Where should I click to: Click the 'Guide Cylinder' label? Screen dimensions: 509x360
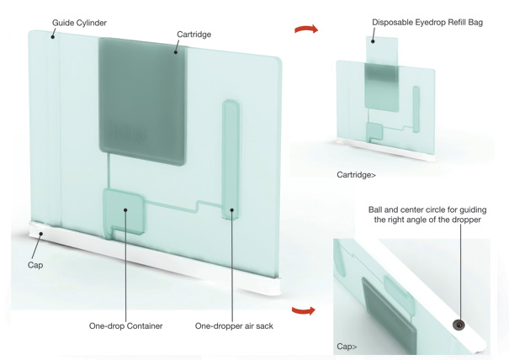[80, 23]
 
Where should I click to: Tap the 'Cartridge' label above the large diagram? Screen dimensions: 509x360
[194, 34]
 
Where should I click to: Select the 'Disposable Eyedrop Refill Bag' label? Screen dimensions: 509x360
[427, 23]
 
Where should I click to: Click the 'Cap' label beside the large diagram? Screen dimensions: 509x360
[35, 265]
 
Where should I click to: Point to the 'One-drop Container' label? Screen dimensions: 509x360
[125, 326]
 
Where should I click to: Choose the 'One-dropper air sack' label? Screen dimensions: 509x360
[234, 326]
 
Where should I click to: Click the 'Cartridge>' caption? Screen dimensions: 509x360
[356, 175]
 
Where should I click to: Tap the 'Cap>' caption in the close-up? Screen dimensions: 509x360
[347, 347]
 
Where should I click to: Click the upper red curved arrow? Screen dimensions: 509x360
[306, 29]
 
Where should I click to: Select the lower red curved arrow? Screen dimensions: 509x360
[304, 310]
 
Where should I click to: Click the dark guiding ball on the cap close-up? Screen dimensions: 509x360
[459, 325]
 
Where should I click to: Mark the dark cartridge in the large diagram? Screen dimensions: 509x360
[143, 101]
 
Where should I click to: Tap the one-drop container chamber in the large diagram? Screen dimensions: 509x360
[125, 211]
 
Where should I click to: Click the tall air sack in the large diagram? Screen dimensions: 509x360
[231, 160]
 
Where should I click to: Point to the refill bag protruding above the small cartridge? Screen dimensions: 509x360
[382, 50]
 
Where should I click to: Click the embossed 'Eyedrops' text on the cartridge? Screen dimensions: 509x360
[128, 132]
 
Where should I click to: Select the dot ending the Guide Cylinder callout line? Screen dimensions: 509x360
[52, 37]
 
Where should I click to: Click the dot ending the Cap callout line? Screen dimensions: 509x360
[41, 233]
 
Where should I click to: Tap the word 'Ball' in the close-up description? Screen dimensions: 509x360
[375, 209]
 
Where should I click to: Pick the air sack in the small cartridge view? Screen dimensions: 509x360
[416, 109]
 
